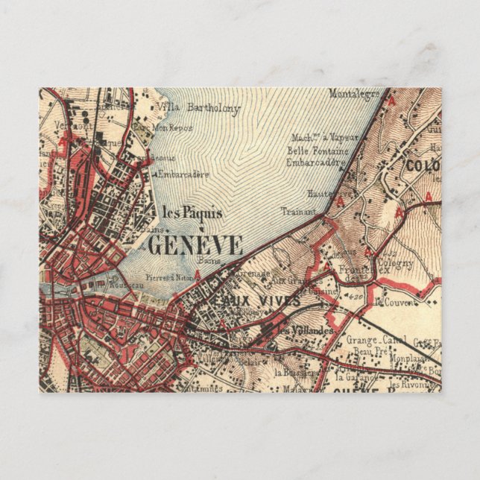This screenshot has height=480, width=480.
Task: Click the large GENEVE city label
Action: point(196,245)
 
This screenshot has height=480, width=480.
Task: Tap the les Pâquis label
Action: point(192,212)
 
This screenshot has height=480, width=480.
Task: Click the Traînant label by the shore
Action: point(294,211)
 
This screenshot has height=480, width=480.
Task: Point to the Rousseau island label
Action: point(120,283)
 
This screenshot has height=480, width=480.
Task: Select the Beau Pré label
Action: point(368,350)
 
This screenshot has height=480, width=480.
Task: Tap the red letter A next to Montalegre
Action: point(388,98)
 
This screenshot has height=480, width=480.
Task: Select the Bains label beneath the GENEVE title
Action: point(206,261)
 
